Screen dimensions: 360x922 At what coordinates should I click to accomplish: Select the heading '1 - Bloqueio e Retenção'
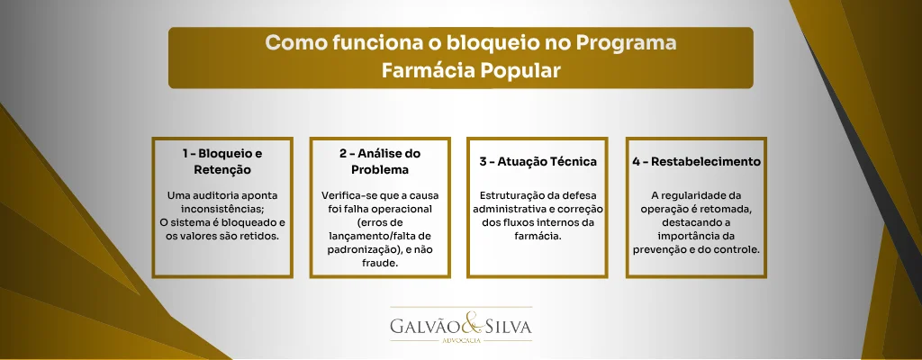(222, 161)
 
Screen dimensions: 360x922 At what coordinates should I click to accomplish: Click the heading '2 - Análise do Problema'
(379, 161)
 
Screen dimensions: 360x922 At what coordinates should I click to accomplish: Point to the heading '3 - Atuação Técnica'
(538, 162)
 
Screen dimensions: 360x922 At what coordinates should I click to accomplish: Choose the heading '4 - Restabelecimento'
(696, 162)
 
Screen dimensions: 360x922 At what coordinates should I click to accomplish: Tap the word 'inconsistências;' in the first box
(222, 209)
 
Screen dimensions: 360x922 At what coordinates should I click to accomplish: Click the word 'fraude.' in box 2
(379, 264)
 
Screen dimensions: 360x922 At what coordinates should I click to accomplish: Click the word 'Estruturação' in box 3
(514, 195)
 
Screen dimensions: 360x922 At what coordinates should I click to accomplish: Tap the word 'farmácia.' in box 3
(538, 236)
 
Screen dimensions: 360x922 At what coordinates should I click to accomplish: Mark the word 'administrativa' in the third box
(511, 209)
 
